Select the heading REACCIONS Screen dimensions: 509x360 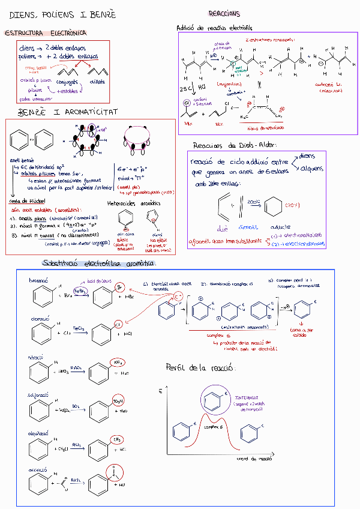click(224, 13)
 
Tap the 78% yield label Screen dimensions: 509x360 click(187, 123)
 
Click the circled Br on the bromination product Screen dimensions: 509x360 click(119, 288)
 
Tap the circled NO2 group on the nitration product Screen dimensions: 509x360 click(118, 362)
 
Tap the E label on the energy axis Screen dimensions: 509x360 click(161, 391)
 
